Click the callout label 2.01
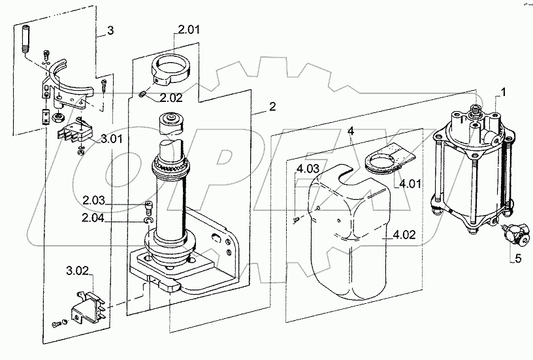point(189,29)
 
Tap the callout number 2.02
point(171,98)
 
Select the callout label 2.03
point(94,200)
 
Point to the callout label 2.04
point(93,218)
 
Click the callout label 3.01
point(111,139)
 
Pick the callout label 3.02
point(77,271)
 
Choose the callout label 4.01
point(410,184)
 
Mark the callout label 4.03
point(308,169)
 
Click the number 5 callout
point(518,259)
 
